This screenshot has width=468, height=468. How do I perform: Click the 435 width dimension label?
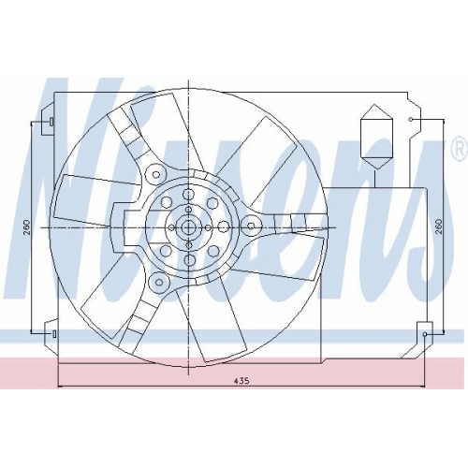(241, 381)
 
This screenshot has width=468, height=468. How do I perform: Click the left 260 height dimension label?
(26, 227)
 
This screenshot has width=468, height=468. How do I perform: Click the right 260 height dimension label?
(438, 227)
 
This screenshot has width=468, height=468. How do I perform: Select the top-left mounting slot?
(51, 122)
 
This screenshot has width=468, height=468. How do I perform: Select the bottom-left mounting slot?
(54, 334)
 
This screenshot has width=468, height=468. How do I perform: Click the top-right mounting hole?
(411, 120)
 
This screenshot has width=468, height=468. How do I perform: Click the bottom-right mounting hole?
(425, 334)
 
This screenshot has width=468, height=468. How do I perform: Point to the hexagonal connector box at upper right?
(376, 137)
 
